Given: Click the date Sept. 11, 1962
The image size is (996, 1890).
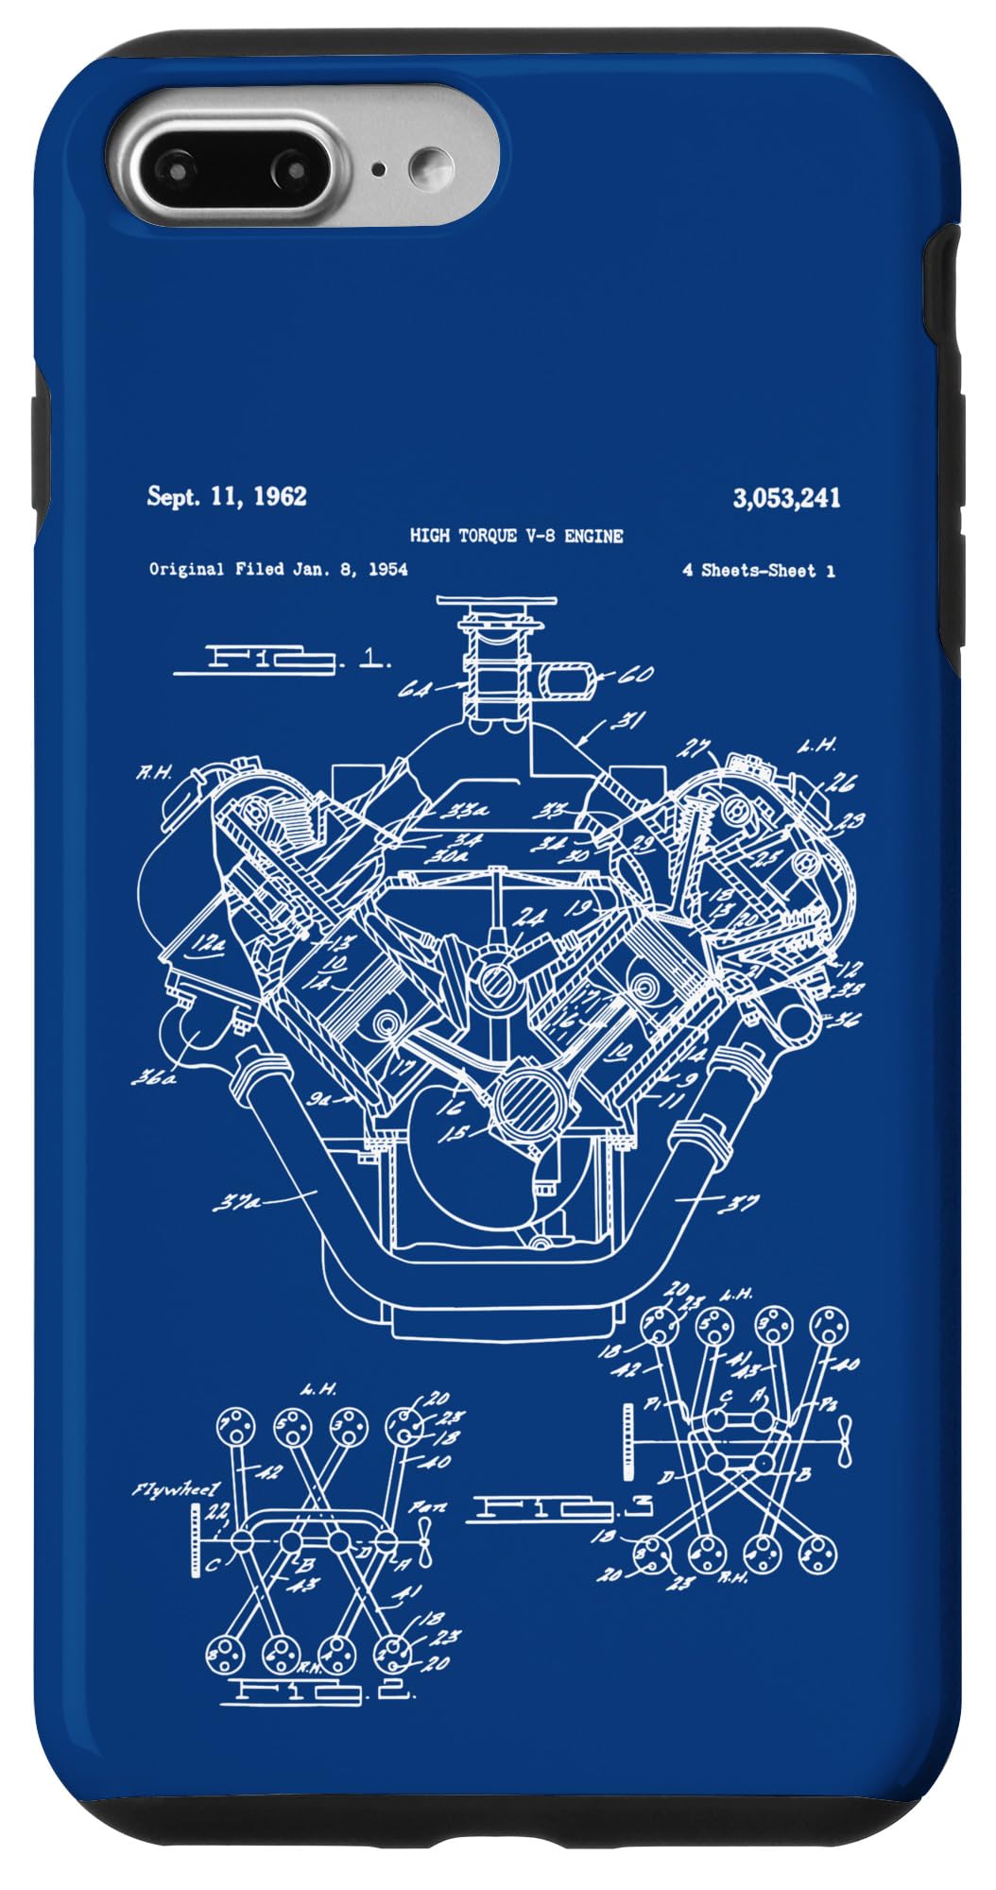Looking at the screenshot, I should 227,496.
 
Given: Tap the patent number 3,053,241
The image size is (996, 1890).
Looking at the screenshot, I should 786,498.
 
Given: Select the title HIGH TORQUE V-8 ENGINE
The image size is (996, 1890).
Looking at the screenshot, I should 516,536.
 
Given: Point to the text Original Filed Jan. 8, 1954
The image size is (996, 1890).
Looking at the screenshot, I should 279,569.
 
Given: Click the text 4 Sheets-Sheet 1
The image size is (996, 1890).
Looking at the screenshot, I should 759,571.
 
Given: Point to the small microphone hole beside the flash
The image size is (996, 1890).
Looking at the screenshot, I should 379,170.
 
